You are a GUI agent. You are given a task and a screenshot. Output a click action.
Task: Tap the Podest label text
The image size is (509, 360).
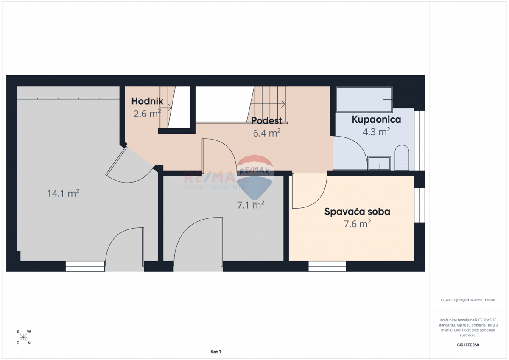coord(266,120)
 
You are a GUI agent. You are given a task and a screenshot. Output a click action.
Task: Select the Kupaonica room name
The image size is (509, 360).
coord(376,120)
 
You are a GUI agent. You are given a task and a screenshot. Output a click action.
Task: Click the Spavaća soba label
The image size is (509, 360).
coord(357,212)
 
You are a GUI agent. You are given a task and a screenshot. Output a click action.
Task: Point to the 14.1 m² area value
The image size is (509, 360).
coord(63,194)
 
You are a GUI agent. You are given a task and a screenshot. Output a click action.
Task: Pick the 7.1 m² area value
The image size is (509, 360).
coord(250,205)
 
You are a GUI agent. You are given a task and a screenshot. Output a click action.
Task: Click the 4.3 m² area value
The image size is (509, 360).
coord(376,132)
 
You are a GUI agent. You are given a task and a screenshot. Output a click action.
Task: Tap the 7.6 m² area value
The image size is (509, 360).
coord(357,224)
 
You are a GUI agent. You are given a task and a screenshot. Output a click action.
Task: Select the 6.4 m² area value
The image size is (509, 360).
coord(266,133)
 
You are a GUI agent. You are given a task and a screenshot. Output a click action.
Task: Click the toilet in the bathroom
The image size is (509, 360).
coord(401,157)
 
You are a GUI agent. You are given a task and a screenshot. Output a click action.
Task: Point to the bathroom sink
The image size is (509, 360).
coord(379,163)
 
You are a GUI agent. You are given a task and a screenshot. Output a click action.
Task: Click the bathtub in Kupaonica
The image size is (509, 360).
coord(364,100)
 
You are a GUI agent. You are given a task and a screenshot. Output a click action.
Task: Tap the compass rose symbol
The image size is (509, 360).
coord(23,337)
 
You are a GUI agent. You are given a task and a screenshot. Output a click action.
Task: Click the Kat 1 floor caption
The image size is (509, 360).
coord(215,352)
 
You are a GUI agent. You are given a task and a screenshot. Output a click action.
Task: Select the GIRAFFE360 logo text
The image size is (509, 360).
coord(468,345)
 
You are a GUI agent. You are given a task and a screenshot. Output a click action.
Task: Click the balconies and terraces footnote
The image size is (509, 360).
coord(468,300)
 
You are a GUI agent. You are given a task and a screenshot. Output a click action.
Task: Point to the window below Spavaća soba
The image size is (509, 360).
coord(327,266)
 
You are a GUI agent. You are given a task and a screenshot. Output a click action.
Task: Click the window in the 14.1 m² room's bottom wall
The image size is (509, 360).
coord(85,266)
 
